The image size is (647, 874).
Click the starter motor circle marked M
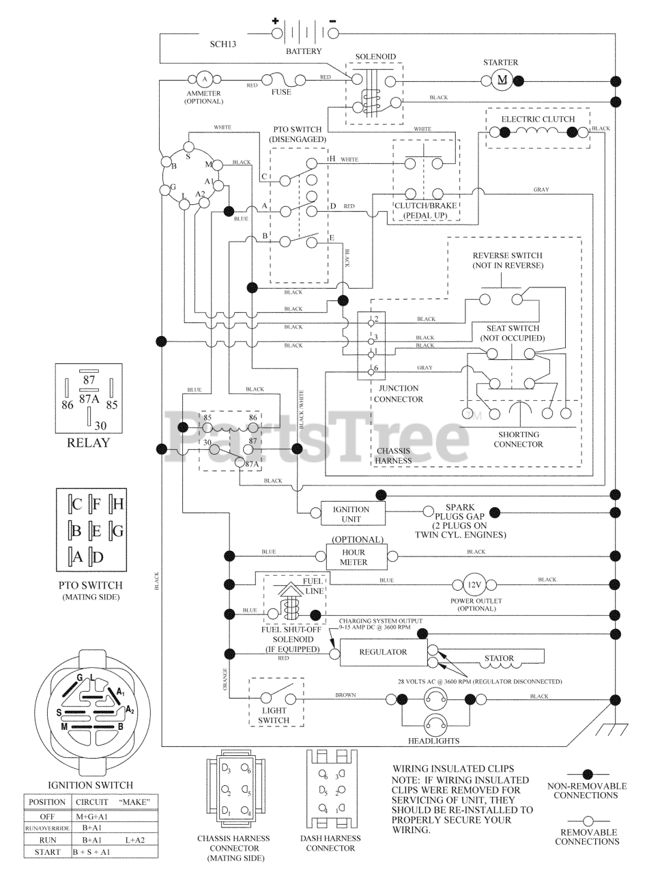(x=502, y=80)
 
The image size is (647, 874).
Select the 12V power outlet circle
(x=474, y=585)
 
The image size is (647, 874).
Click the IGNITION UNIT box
(x=351, y=514)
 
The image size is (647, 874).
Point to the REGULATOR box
(x=383, y=652)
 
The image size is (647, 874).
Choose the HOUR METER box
(x=354, y=557)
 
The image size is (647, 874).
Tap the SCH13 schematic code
(x=225, y=44)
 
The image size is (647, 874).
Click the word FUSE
(x=281, y=91)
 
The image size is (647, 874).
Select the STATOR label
(x=498, y=659)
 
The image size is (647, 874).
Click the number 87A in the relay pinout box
(x=89, y=398)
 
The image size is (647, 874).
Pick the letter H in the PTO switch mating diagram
(x=117, y=505)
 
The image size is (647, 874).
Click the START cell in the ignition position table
(x=47, y=852)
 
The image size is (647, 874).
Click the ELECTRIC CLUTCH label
(x=538, y=119)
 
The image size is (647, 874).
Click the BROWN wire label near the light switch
(x=345, y=695)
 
